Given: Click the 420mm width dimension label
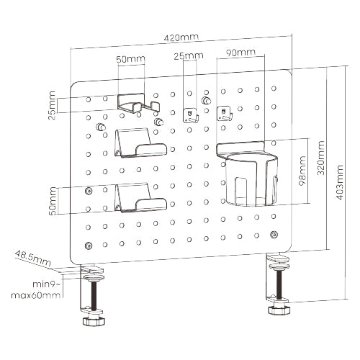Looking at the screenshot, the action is pyautogui.click(x=181, y=37).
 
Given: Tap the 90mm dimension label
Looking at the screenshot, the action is pyautogui.click(x=240, y=53).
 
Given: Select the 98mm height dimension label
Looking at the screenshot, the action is pyautogui.click(x=302, y=171).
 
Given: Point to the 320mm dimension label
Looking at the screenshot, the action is pyautogui.click(x=320, y=158).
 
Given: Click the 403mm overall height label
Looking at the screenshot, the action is pyautogui.click(x=339, y=183).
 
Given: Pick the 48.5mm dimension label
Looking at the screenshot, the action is pyautogui.click(x=33, y=258).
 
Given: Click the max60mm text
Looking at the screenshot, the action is pyautogui.click(x=36, y=295).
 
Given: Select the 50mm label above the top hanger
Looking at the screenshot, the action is pyautogui.click(x=131, y=59).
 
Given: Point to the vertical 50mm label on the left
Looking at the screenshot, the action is pyautogui.click(x=53, y=201).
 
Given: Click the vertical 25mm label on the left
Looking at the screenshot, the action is pyautogui.click(x=52, y=105).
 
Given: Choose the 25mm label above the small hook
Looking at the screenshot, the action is pyautogui.click(x=189, y=56).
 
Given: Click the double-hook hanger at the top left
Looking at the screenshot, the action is pyautogui.click(x=138, y=104).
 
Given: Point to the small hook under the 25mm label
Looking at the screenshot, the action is pyautogui.click(x=191, y=116).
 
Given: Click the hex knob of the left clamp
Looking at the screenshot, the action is pyautogui.click(x=94, y=321).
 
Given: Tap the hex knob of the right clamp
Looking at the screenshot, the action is pyautogui.click(x=279, y=310).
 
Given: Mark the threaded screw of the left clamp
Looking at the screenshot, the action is pyautogui.click(x=94, y=295).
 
